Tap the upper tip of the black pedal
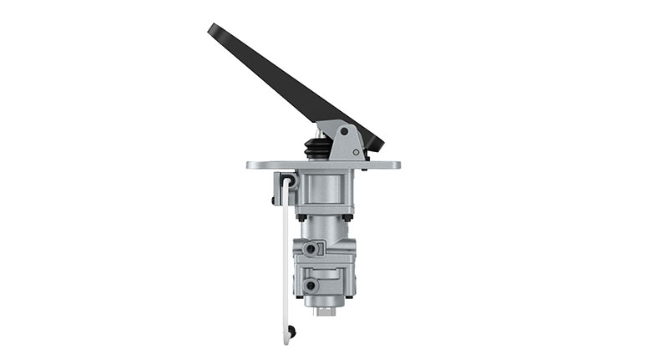point(214,29)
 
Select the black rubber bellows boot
point(318,148)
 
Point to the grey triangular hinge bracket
point(347,140)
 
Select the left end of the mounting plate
point(251,165)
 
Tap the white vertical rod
point(286,259)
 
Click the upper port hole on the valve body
point(310,249)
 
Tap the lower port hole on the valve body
point(311,286)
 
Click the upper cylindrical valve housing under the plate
point(326,192)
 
